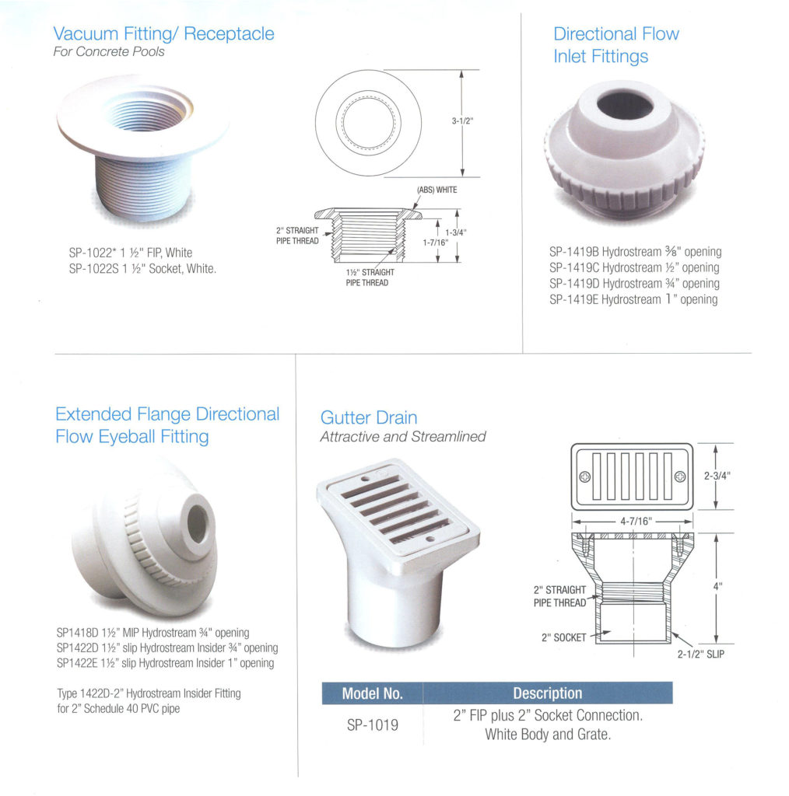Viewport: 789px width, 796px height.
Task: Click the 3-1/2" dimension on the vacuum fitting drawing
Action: (x=462, y=120)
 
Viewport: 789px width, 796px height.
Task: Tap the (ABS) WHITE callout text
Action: (x=437, y=190)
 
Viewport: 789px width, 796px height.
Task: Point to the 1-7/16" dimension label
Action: (x=436, y=243)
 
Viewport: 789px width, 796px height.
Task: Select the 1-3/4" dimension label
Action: (x=456, y=232)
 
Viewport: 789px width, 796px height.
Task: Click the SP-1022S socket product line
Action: (x=142, y=268)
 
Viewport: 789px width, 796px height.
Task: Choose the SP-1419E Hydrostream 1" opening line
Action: (x=633, y=299)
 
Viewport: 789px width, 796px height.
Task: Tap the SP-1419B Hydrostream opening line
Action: (x=635, y=252)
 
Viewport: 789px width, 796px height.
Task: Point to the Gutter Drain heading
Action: (x=368, y=417)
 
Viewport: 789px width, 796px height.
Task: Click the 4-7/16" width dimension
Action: (x=636, y=522)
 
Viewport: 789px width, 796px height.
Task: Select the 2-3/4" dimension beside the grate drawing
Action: (x=717, y=476)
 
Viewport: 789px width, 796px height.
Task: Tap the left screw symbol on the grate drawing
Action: (x=585, y=477)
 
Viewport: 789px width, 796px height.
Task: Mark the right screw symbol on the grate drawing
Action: (x=680, y=477)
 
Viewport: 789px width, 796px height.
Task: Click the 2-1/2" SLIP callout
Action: (x=700, y=655)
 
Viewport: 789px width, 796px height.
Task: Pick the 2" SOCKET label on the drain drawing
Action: (x=563, y=637)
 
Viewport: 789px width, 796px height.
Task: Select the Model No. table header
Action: (x=373, y=693)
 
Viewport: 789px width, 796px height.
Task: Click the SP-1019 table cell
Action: (x=373, y=725)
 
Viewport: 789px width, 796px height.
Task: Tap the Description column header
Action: (x=548, y=693)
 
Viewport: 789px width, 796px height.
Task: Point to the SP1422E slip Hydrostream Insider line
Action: (x=165, y=663)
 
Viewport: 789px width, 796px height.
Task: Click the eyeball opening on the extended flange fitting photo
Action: (x=198, y=523)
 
